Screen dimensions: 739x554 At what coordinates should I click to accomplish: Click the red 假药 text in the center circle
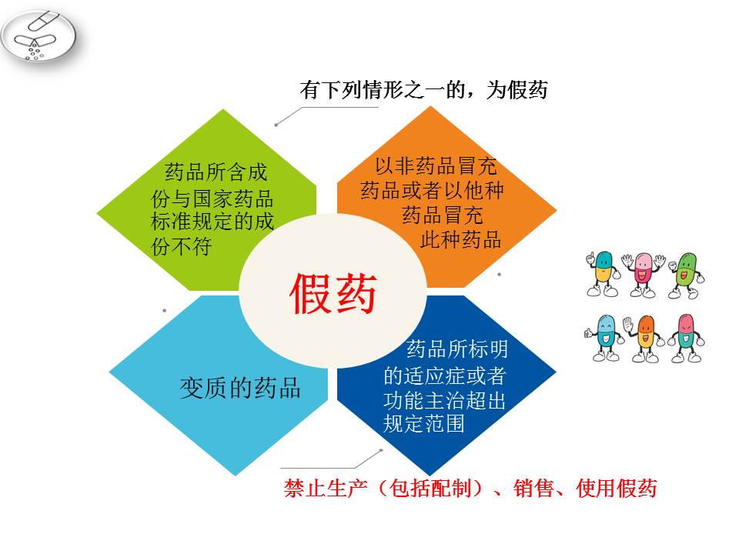point(333,293)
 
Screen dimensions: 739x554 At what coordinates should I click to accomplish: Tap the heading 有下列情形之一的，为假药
point(423,89)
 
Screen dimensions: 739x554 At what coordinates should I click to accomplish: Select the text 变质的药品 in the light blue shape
point(240,388)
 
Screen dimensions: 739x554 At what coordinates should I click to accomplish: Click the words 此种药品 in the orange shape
point(460,239)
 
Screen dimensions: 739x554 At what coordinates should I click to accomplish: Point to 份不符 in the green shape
point(182,246)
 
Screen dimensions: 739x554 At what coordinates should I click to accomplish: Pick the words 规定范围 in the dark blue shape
point(423,423)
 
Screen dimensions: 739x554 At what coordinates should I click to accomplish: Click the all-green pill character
point(685,275)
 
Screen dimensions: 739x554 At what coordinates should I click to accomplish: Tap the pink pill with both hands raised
point(643,275)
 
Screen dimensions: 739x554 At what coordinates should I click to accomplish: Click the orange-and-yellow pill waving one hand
point(644,339)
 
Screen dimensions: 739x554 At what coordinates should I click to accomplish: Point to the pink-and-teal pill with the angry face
point(686,339)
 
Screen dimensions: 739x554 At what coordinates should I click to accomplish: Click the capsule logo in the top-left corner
point(38,35)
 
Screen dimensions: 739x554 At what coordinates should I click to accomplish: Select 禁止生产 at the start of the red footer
point(325,488)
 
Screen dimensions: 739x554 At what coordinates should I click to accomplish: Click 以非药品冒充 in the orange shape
point(436,165)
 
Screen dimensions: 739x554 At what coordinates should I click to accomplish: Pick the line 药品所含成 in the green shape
point(216,172)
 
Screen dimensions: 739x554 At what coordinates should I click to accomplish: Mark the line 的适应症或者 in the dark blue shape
point(444,376)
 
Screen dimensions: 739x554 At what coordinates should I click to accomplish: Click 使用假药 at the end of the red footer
point(617,488)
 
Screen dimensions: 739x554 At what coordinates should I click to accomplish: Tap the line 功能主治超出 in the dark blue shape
point(444,400)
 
